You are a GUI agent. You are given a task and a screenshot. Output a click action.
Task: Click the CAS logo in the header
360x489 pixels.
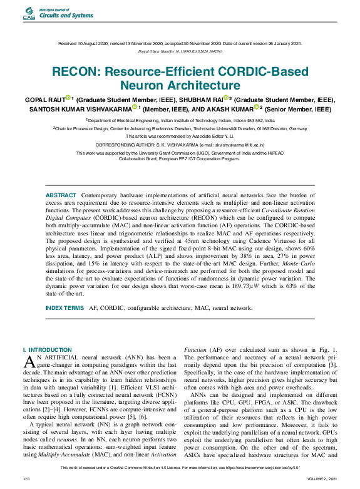click(29, 14)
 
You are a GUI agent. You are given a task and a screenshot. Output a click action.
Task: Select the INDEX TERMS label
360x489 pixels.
click(64, 308)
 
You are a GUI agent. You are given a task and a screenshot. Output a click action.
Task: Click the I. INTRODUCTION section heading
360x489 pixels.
click(48, 349)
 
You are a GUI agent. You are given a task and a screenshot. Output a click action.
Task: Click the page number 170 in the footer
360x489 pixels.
click(26, 478)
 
